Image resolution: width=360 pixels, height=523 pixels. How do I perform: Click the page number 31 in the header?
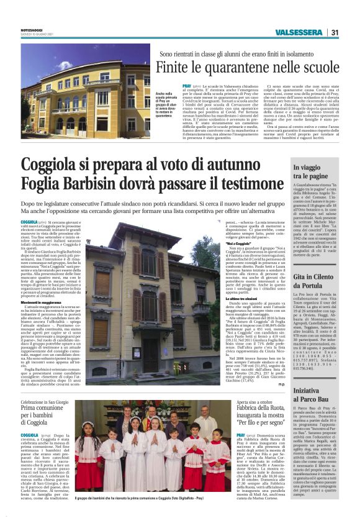coord(335,32)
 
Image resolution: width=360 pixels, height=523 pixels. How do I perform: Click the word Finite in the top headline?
coord(172,67)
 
